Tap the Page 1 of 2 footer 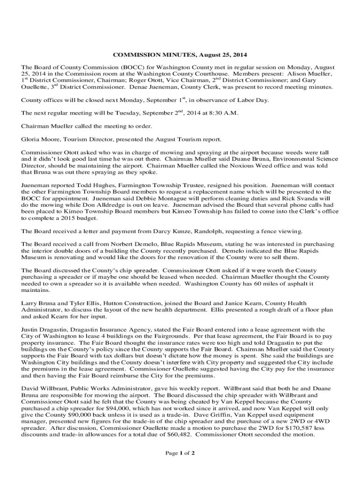point(180,453)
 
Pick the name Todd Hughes point(89,185)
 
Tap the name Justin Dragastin point(44,329)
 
